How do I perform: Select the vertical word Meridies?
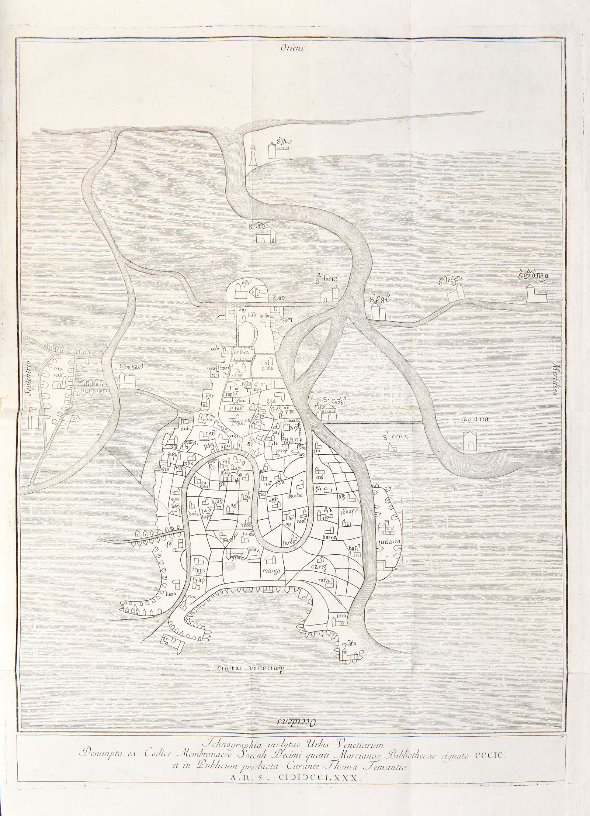click(x=556, y=383)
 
